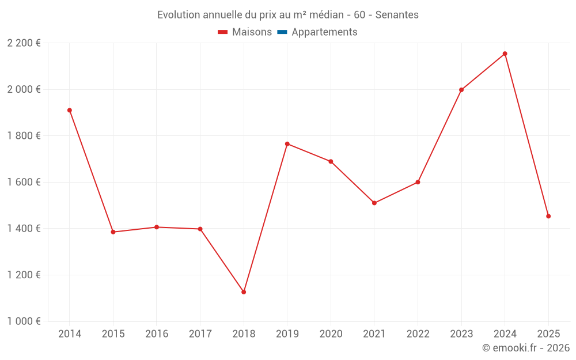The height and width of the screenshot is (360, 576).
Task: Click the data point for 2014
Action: tap(70, 110)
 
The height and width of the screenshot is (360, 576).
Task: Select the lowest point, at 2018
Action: tap(244, 292)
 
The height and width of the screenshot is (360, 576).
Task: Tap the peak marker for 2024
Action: tap(505, 54)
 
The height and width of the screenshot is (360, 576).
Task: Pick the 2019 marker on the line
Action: tap(287, 143)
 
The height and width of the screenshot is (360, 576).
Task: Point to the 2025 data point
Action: tap(548, 216)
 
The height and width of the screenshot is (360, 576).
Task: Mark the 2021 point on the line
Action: tap(374, 203)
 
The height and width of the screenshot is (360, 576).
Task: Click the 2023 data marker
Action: tap(461, 90)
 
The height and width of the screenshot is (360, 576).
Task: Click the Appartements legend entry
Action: tap(324, 32)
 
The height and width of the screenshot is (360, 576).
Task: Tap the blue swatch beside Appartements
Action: tap(282, 32)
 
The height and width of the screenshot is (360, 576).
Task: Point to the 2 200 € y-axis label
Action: tap(24, 43)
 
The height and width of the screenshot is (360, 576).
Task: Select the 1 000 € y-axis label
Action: tap(24, 321)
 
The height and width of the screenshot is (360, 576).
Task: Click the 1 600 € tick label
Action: tap(24, 182)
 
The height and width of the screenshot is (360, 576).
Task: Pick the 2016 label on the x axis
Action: tap(157, 334)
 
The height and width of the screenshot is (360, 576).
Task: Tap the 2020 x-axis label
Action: tap(331, 334)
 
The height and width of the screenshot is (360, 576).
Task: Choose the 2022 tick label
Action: tap(418, 334)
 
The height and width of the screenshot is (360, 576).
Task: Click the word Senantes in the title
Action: tap(397, 14)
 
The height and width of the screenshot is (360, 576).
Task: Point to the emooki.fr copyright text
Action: tap(526, 348)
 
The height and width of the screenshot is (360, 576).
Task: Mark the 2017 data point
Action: tap(200, 229)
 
